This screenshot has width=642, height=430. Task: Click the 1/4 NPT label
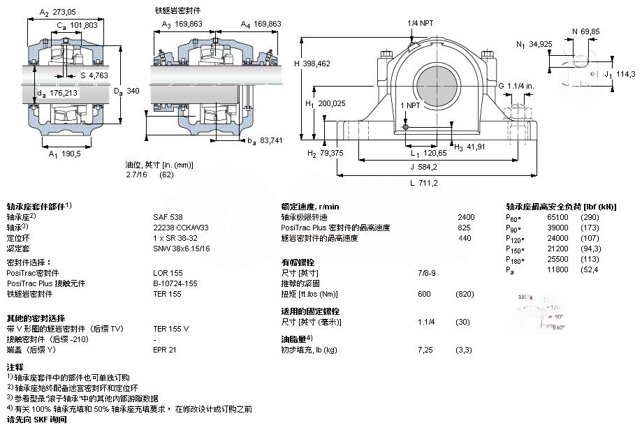[x=420, y=23]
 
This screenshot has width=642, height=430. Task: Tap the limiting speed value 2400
[x=465, y=217]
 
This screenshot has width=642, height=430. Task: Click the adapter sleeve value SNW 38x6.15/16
[x=182, y=248]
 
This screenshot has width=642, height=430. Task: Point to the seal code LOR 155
[x=167, y=273]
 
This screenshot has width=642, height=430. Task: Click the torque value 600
[x=423, y=294]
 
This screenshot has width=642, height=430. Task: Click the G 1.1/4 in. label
[x=516, y=85]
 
